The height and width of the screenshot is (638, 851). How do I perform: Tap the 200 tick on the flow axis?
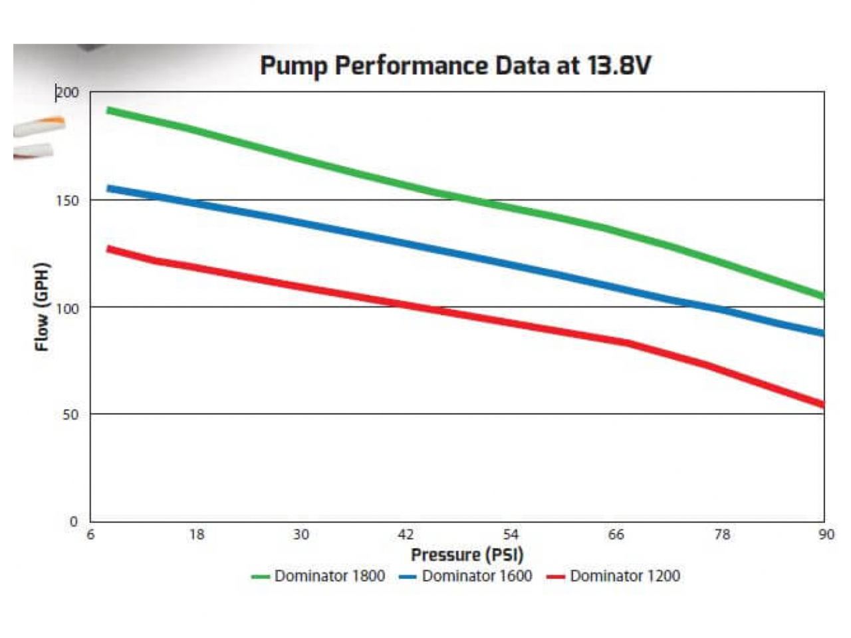point(67,92)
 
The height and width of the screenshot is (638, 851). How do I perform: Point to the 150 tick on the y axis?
point(67,200)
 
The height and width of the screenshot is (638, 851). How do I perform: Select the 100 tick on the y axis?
point(67,308)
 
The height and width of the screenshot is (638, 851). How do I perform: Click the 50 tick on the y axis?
point(70,414)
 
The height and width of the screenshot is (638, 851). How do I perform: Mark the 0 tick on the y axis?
point(74,522)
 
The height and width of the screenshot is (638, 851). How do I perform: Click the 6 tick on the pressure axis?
point(91,535)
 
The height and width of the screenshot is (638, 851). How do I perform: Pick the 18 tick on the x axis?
point(196,535)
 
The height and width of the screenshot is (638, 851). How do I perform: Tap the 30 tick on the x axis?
point(301,535)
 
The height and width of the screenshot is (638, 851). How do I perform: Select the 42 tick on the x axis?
point(406,535)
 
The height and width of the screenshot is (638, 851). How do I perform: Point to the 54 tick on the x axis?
point(511,535)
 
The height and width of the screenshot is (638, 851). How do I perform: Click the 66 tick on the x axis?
point(616,535)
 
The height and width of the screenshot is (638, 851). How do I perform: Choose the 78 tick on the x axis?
point(721,535)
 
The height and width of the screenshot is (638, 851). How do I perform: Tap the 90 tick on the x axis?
point(826,535)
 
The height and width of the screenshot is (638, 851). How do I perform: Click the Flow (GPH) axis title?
point(42,307)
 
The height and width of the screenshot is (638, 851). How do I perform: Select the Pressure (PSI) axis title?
point(467,555)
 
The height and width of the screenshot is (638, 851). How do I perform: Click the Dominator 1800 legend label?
point(329,576)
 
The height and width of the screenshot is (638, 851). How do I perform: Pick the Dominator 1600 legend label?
point(477,576)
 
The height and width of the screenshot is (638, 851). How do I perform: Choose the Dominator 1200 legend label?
point(624,576)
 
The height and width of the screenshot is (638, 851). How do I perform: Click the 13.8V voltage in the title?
point(618,66)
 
